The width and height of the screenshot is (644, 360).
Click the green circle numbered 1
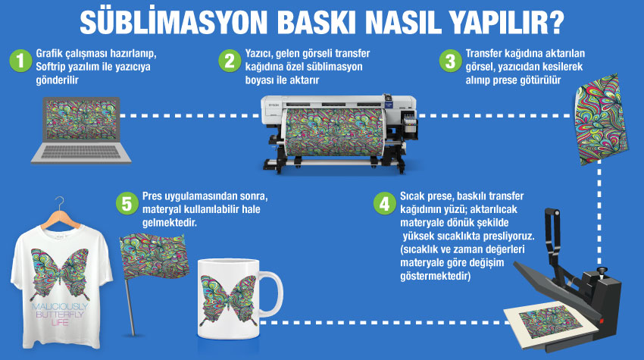coord(20,61)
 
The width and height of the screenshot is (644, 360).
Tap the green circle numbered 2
coord(230,61)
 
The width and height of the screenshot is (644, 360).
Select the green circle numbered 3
coord(451,61)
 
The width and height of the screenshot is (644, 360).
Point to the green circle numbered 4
coord(385,203)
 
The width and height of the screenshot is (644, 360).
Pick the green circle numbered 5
coord(127,203)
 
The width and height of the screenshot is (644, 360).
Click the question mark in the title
coord(556,22)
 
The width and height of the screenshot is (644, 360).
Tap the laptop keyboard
coord(81,153)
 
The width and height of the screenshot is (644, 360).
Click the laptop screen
coord(81,120)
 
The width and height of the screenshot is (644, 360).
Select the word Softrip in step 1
coord(52,67)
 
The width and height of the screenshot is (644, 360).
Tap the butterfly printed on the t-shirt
coord(60,274)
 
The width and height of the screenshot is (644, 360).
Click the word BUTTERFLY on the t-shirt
coord(60,315)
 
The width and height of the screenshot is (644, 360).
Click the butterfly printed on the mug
coord(228,299)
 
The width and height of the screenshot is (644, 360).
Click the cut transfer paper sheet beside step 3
coord(602,119)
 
